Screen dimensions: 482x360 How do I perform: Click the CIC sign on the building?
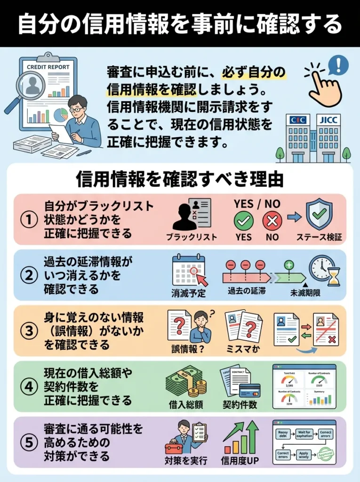point(297,120)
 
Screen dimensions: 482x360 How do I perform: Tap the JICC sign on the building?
point(328,120)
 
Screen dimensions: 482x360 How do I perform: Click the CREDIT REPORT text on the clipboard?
point(48,67)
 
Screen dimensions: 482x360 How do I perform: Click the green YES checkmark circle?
point(243,220)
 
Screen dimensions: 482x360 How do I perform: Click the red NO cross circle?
point(272,220)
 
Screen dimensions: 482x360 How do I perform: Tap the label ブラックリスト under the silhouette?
point(192,237)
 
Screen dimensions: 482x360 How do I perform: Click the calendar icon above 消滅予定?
point(189,271)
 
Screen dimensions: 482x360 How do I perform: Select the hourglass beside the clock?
point(334,277)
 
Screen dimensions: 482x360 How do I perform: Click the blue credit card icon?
point(249,390)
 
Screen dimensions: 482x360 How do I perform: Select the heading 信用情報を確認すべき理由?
point(180,179)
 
